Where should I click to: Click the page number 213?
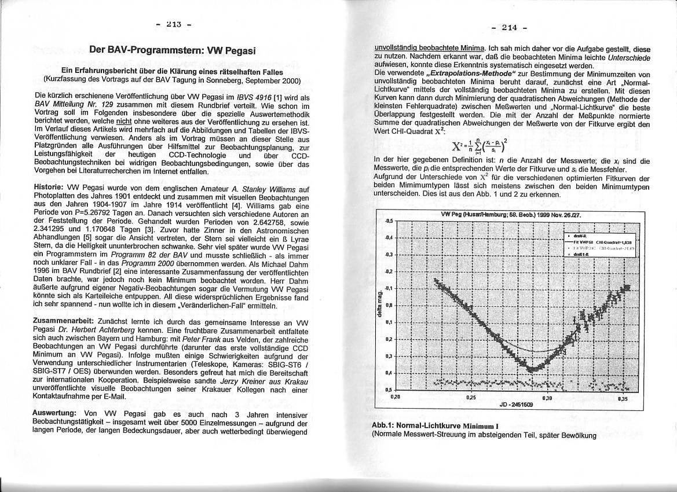click(173, 24)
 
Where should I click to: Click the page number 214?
click(509, 27)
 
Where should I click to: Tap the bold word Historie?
click(53, 189)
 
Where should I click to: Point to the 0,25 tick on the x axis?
click(471, 398)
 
